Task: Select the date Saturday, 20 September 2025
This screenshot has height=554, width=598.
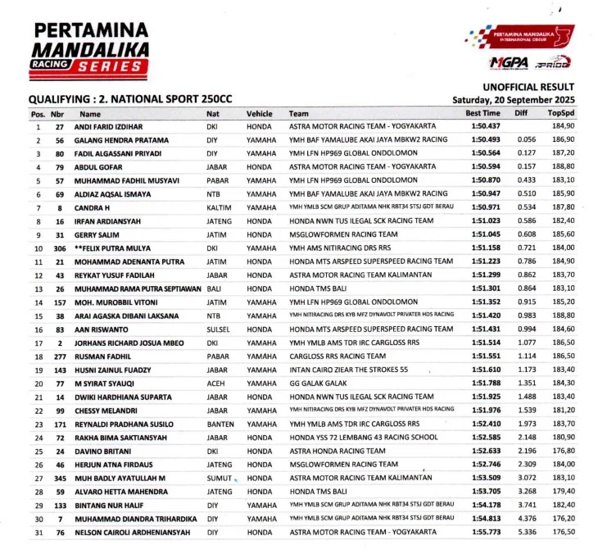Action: click(514, 99)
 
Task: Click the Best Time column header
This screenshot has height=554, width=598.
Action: click(482, 113)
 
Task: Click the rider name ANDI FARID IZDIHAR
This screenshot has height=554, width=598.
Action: click(111, 127)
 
